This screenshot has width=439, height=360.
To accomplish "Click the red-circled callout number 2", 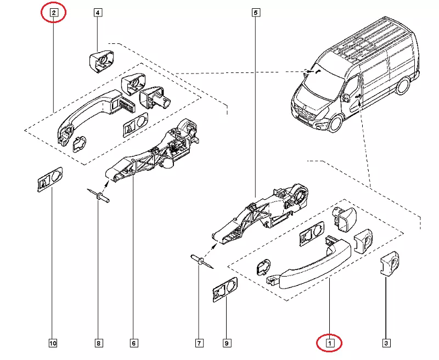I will pos(53,12).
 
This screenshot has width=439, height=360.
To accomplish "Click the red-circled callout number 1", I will pos(330,344).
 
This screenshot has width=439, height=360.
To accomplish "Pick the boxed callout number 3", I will pos(386,344).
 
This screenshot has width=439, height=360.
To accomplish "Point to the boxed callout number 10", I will pos(53,344).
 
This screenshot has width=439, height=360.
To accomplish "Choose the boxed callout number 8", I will pos(99,344).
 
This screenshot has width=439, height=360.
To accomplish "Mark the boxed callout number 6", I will pos(134,344).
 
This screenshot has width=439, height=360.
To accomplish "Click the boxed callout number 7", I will pos(199,344).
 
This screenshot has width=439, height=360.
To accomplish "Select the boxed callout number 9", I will pos(226,344).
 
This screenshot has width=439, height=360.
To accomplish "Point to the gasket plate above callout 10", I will pos(50,179).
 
